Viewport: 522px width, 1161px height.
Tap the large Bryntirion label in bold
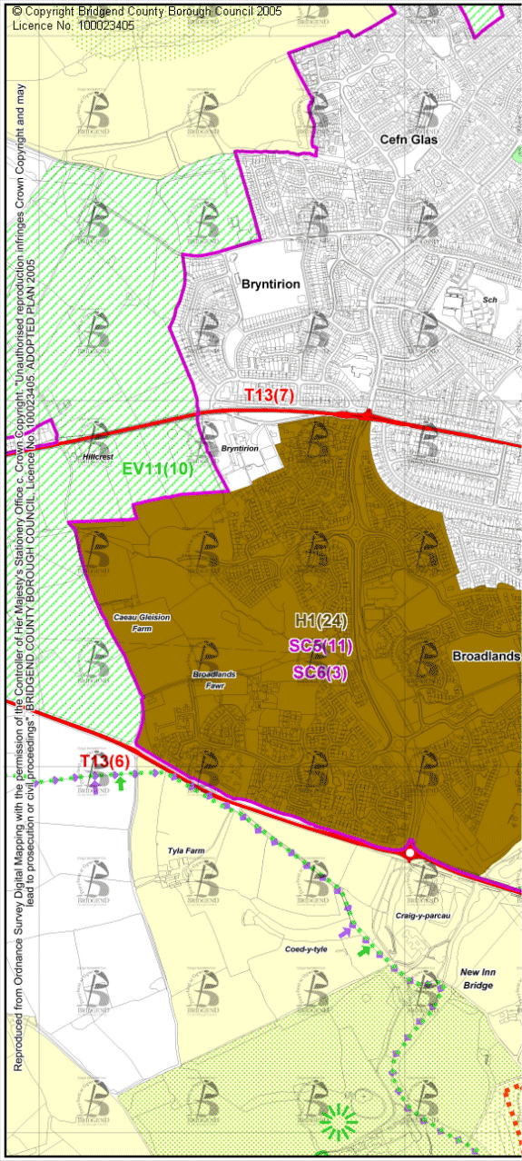pos(271,283)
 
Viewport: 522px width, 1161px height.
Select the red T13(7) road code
pos(271,395)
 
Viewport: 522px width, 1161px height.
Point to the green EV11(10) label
pos(158,469)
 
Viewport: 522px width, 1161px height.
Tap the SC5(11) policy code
pos(320,646)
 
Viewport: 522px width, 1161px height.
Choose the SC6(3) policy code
pos(320,672)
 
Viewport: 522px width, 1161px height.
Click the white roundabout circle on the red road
pos(410,853)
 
